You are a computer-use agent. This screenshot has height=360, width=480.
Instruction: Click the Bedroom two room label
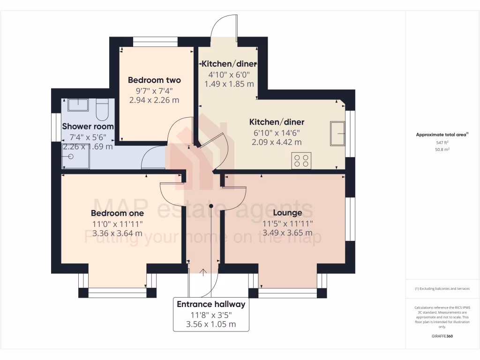click(x=154, y=80)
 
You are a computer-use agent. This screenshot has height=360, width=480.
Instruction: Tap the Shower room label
click(x=88, y=127)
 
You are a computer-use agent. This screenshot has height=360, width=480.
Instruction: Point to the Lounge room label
click(x=288, y=213)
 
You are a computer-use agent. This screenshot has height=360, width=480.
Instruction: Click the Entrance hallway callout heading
click(x=211, y=304)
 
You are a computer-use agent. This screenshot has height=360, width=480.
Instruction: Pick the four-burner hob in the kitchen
click(x=301, y=160)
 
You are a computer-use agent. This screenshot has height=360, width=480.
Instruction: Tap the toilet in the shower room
click(x=102, y=109)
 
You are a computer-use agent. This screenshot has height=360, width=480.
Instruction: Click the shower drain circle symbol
click(x=71, y=157)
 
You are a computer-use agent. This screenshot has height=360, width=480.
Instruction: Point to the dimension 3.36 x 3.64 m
click(x=117, y=233)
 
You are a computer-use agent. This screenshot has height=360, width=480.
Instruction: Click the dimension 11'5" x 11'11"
click(x=288, y=224)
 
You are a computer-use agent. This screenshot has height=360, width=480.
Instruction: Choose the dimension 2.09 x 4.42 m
click(x=276, y=142)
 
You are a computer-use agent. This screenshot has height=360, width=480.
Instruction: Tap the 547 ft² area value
click(x=442, y=142)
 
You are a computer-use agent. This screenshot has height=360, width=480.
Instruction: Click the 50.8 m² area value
click(x=442, y=149)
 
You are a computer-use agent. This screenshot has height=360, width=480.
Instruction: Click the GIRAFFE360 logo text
click(x=442, y=336)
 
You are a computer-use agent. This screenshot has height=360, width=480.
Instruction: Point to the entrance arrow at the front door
click(x=203, y=272)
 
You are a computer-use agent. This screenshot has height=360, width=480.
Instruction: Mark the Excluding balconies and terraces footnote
click(x=442, y=289)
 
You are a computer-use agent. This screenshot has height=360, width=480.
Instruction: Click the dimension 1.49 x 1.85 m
click(x=229, y=84)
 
